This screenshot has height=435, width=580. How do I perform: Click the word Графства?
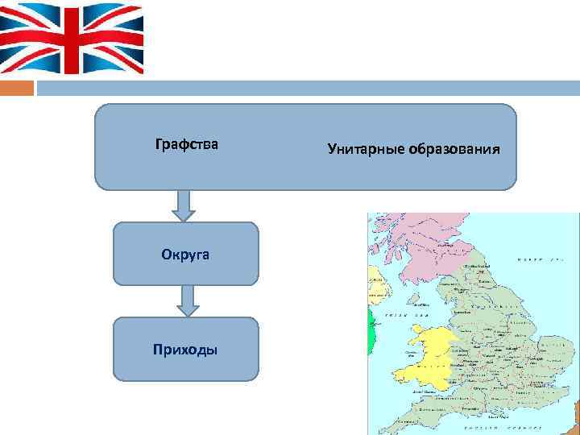click(x=186, y=146)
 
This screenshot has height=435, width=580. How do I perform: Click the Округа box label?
click(x=185, y=254)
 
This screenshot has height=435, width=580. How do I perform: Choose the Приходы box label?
click(x=185, y=349)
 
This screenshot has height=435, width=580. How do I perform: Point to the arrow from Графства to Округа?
click(x=184, y=205)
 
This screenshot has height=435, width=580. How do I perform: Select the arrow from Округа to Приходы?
click(x=188, y=300)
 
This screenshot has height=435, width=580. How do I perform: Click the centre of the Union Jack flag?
click(x=72, y=37)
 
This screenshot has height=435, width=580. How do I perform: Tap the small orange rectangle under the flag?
click(x=17, y=87)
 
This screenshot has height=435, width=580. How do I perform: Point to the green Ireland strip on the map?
click(x=371, y=330)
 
